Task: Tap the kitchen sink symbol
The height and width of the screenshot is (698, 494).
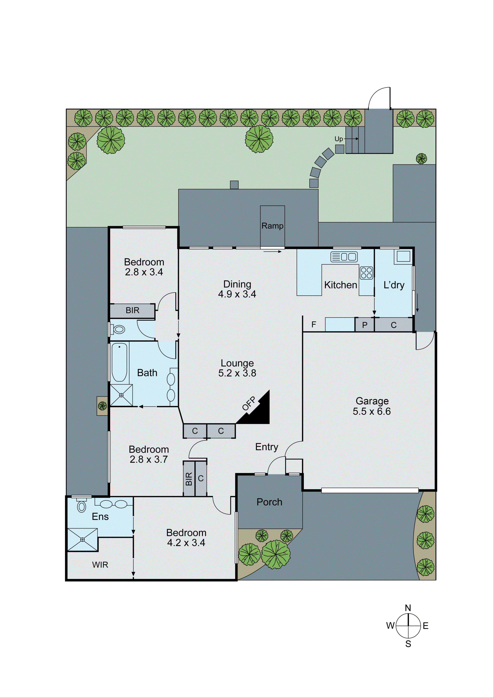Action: (x=344, y=257)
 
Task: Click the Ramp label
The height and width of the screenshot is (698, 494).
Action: (x=272, y=226)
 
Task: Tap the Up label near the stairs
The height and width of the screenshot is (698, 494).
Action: (x=338, y=139)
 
